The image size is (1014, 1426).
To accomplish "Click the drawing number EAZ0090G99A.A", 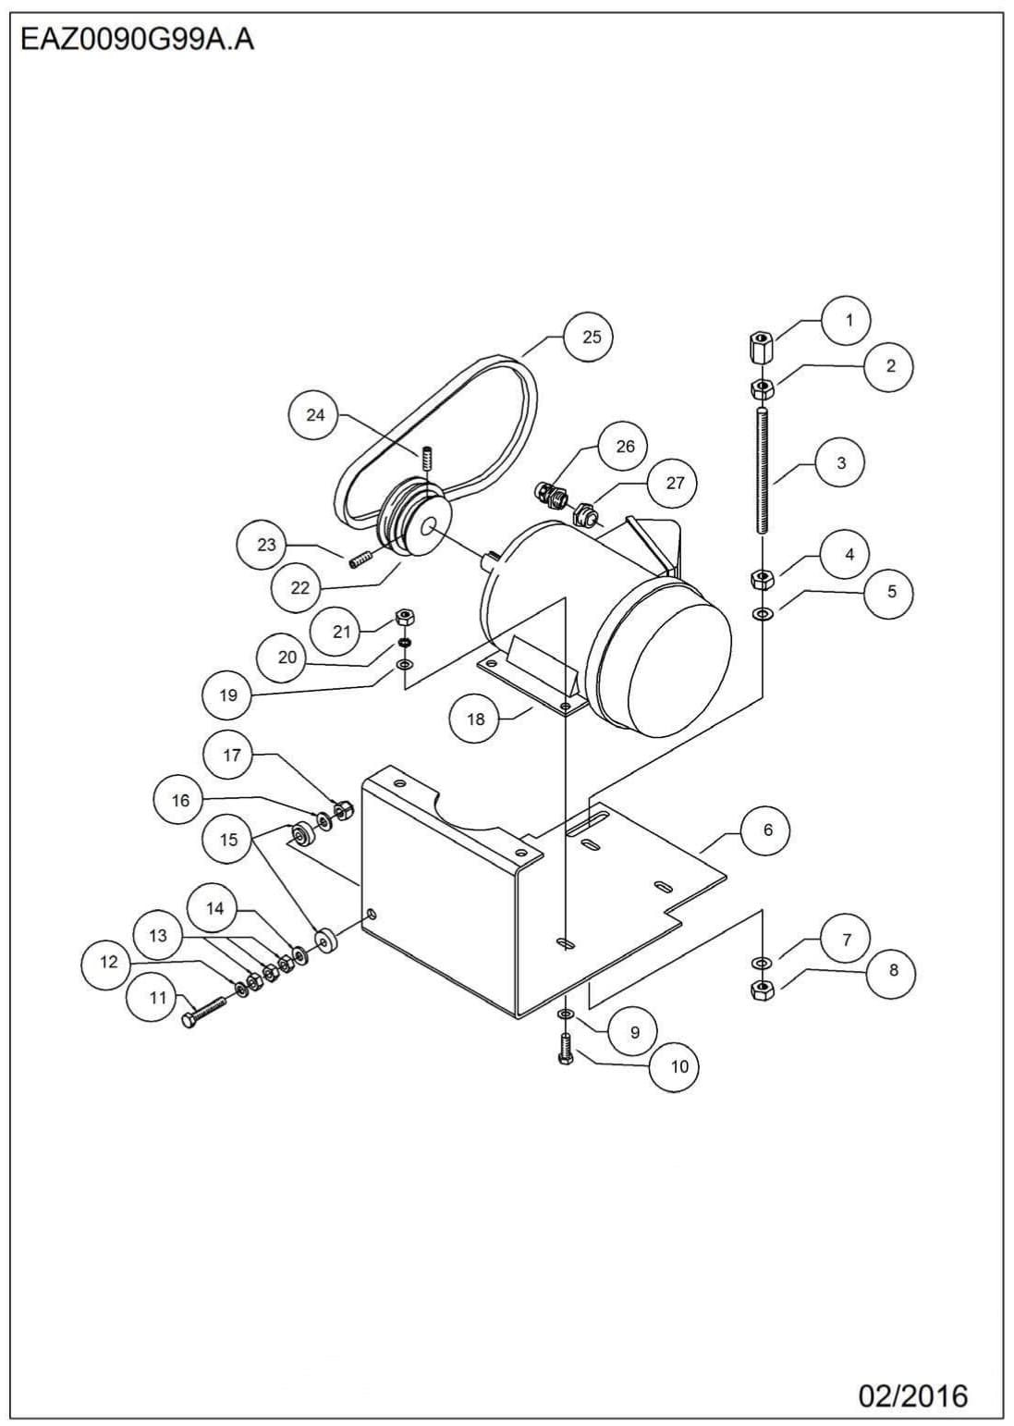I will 137,41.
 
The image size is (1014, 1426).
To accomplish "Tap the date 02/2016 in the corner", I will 912,1395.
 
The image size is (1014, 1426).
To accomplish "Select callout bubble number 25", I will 592,337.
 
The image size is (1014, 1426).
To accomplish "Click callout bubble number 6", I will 767,830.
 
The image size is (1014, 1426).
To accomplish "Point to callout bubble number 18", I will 475,719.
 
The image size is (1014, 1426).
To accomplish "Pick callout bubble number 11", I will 158,998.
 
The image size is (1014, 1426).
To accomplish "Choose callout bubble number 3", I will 840,462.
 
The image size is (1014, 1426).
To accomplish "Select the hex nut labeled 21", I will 404,618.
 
